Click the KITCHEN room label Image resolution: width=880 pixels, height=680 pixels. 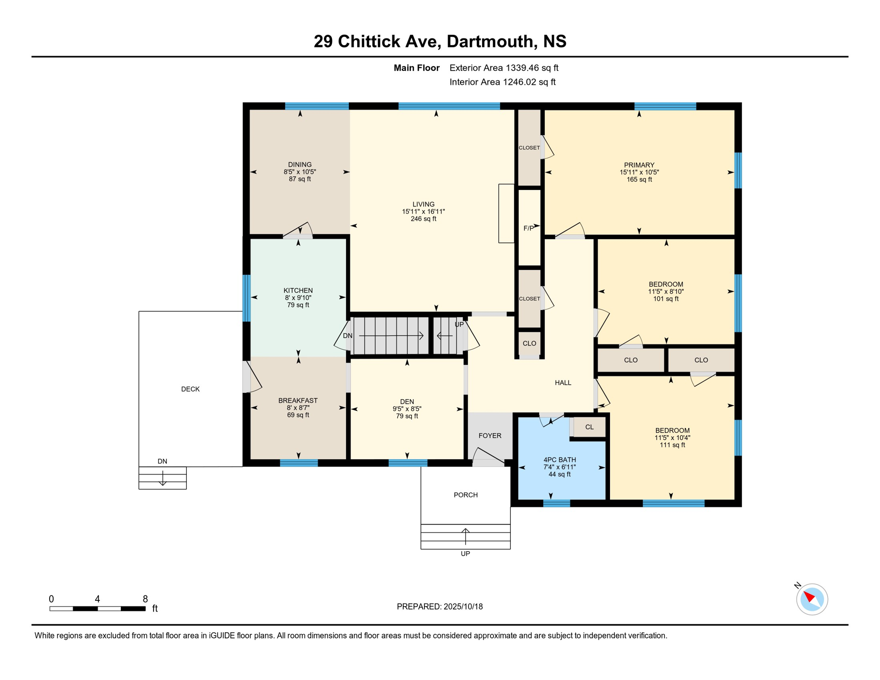[298, 290]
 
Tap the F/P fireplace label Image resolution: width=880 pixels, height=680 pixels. [529, 228]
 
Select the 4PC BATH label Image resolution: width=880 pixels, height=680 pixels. [560, 460]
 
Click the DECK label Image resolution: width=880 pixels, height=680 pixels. [190, 389]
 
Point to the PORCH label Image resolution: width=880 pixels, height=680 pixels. [466, 495]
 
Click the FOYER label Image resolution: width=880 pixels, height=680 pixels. [490, 436]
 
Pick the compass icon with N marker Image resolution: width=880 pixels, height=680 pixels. [811, 599]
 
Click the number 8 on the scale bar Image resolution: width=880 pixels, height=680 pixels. [145, 599]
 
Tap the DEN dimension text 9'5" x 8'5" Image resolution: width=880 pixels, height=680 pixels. [407, 409]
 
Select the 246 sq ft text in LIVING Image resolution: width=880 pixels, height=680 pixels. [423, 219]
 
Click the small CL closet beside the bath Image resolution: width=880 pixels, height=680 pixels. [589, 427]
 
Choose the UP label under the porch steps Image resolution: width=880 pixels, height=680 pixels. [465, 554]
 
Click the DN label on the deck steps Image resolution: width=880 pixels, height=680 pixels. [162, 461]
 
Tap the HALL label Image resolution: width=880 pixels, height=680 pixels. [563, 382]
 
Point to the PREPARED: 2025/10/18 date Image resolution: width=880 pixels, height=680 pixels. [440, 607]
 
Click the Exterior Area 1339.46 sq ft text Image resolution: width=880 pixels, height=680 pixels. [504, 68]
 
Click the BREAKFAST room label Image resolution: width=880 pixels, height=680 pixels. [298, 400]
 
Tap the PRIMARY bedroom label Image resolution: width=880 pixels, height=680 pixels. [639, 165]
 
